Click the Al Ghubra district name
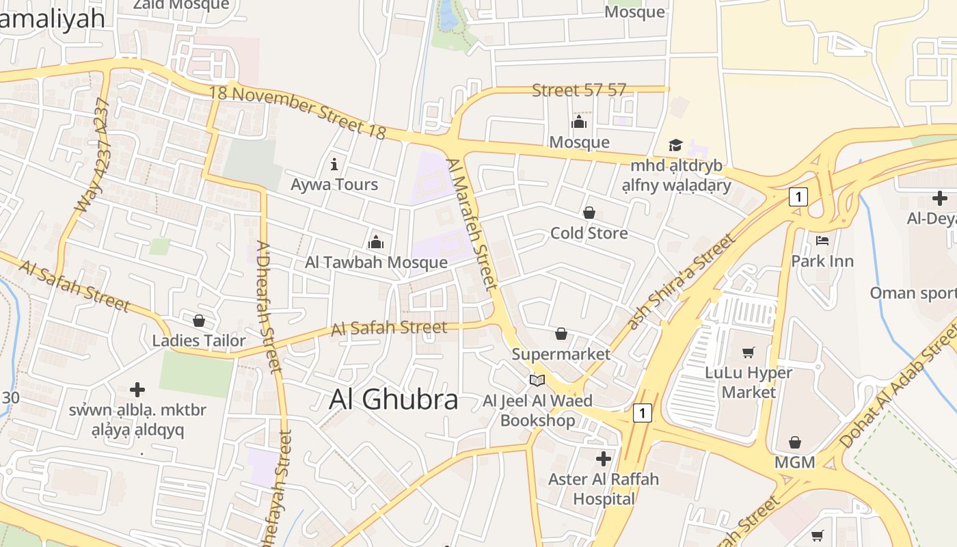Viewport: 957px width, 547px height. click(393, 399)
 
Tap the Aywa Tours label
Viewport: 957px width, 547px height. click(334, 184)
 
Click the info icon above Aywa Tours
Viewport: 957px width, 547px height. click(334, 164)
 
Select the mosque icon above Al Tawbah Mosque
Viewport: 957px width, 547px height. click(376, 242)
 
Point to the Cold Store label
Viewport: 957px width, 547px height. click(589, 233)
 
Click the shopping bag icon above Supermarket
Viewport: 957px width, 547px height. click(561, 334)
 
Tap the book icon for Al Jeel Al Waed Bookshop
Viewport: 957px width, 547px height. click(537, 380)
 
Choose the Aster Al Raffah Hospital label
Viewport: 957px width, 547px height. click(604, 489)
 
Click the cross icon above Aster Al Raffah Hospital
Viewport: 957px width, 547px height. click(603, 458)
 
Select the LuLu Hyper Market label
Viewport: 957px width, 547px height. click(749, 382)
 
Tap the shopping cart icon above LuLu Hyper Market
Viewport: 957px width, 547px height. click(749, 352)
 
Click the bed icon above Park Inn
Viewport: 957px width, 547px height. click(822, 241)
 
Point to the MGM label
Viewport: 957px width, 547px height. click(794, 462)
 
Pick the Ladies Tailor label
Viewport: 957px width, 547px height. click(198, 341)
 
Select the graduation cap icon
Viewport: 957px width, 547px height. click(675, 145)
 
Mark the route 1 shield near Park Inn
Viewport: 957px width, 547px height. click(798, 197)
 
